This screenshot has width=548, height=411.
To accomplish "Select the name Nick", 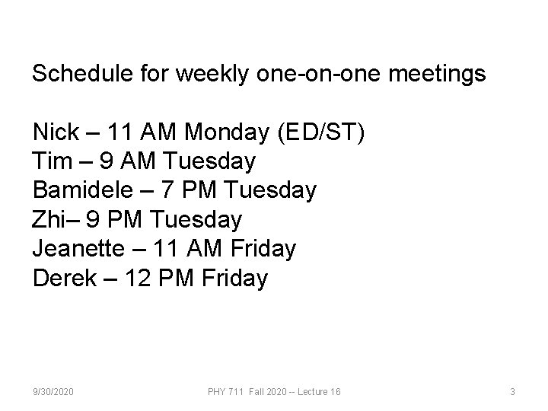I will coord(56,132).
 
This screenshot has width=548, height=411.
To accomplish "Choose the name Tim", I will coord(50,161).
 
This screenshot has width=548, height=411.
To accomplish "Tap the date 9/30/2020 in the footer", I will coord(53,391).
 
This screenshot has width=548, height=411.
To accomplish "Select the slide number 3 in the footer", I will coord(512,391).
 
